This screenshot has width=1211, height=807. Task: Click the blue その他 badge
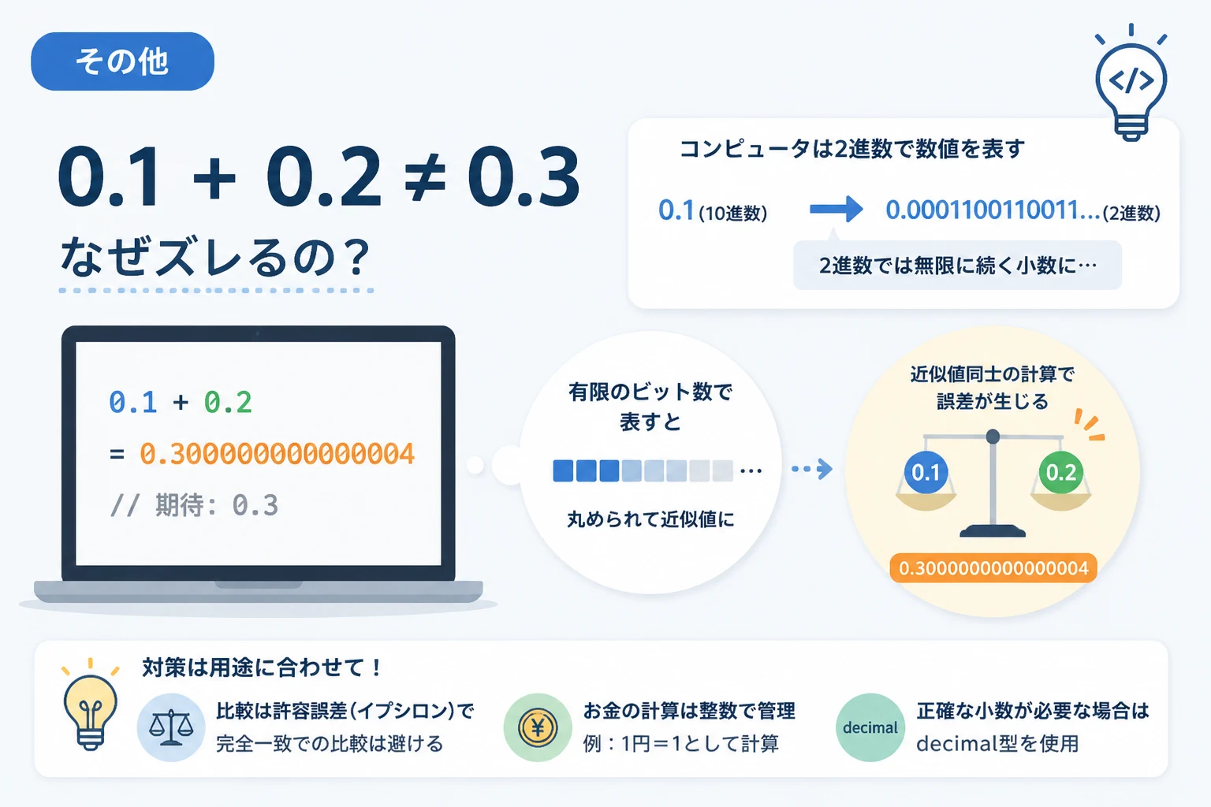(123, 61)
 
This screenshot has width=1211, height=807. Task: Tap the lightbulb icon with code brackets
(1131, 82)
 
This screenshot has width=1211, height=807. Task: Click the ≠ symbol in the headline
(425, 177)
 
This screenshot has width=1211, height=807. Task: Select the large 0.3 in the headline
(524, 177)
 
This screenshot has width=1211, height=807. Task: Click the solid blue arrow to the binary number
(836, 209)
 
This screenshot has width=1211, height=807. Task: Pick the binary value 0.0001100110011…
(993, 210)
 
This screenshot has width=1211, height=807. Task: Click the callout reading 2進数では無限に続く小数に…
(957, 265)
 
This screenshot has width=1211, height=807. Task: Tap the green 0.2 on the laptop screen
(228, 402)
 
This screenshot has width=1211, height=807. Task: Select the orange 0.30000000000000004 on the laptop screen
(277, 453)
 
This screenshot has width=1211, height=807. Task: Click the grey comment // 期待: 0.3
(194, 505)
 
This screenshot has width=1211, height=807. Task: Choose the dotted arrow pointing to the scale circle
(812, 469)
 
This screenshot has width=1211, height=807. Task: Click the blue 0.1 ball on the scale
(926, 472)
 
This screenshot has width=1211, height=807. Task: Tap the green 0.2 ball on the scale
(1060, 472)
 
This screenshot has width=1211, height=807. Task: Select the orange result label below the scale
(993, 568)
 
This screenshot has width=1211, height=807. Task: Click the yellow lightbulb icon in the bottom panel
(91, 704)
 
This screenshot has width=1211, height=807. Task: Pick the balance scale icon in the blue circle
(171, 727)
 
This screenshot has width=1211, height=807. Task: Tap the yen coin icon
(538, 727)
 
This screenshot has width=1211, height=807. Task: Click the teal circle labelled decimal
(870, 727)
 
